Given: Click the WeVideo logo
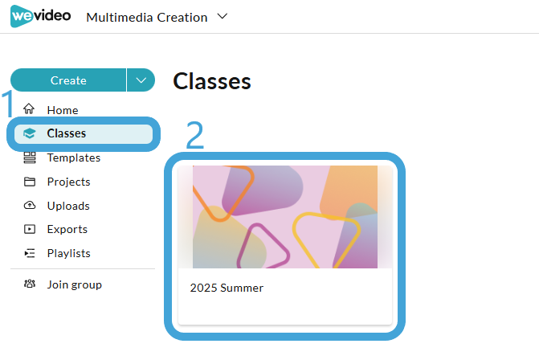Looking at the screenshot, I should [x=40, y=16].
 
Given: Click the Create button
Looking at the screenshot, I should [x=68, y=80].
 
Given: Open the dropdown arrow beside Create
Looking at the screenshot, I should [x=141, y=80].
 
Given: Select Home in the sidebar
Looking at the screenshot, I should [x=62, y=110].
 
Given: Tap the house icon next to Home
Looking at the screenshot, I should [x=30, y=109].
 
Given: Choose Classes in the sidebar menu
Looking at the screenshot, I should [x=66, y=133].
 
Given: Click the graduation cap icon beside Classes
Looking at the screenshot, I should [x=30, y=133].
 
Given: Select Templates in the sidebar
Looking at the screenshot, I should [x=73, y=157].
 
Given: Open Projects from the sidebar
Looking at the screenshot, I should [x=68, y=182].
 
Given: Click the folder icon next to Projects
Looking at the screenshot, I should [x=30, y=182].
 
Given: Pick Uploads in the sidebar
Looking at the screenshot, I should [x=67, y=206].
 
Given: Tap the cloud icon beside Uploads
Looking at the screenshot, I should [x=30, y=206].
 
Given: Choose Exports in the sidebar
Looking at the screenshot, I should [x=67, y=229].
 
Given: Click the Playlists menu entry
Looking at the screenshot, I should [x=68, y=253].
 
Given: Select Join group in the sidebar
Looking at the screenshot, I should [x=74, y=284].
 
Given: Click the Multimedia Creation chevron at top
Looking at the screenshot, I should [x=223, y=16].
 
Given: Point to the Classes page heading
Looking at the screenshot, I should [x=212, y=81].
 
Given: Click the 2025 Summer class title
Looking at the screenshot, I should [x=227, y=288].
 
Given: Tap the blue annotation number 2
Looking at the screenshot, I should [x=195, y=136].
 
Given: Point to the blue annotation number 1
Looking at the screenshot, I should [x=7, y=105].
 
